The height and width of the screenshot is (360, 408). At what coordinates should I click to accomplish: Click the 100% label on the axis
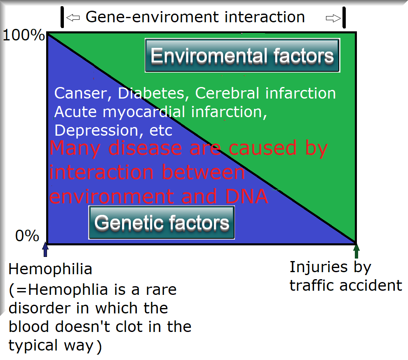[x=23, y=35]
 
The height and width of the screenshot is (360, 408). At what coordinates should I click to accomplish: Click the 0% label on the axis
[x=27, y=236]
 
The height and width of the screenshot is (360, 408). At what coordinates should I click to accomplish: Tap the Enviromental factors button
[x=242, y=55]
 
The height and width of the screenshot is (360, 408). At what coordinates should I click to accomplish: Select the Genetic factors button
[x=162, y=222]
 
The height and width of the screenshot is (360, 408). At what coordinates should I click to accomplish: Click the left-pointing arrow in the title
[x=73, y=18]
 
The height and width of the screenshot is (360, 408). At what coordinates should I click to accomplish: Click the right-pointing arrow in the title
[x=333, y=18]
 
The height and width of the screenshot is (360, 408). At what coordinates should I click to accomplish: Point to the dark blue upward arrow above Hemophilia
[x=45, y=249]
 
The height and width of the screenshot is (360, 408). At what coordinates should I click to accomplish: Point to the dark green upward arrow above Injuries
[x=356, y=251]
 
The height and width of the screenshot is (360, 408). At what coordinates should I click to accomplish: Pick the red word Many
[x=75, y=148]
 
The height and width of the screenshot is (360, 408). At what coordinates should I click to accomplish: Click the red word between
[x=203, y=172]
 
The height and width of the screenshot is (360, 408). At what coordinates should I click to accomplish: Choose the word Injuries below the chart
[x=319, y=267]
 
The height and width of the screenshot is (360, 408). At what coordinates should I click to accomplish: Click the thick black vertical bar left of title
[x=62, y=17]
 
